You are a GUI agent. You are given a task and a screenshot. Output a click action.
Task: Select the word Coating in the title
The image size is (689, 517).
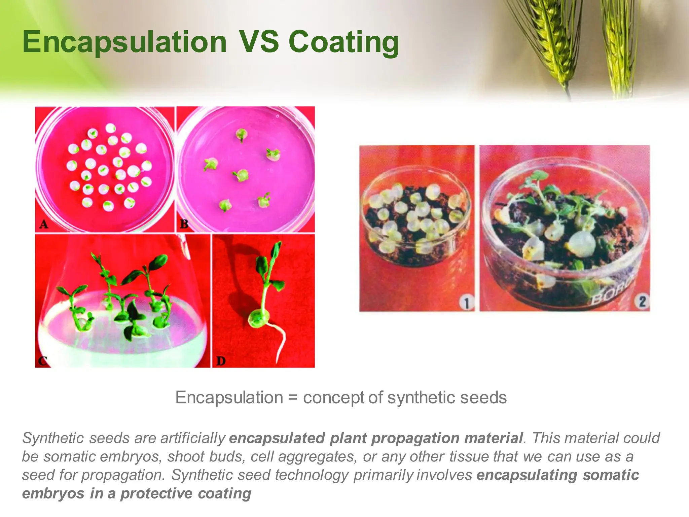[343, 42]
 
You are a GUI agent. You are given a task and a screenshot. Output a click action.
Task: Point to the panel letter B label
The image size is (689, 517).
[184, 224]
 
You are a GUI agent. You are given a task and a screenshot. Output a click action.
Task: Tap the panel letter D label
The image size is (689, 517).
[221, 361]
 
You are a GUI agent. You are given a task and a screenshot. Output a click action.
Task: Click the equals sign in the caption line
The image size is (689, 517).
[293, 398]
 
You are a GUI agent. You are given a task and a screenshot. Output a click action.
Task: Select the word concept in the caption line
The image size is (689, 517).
[333, 398]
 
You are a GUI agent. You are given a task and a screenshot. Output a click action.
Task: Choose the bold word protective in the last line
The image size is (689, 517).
[156, 494]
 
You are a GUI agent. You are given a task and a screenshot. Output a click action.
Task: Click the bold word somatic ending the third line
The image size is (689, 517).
[611, 475]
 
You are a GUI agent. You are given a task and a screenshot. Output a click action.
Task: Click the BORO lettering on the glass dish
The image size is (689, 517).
[611, 294]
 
